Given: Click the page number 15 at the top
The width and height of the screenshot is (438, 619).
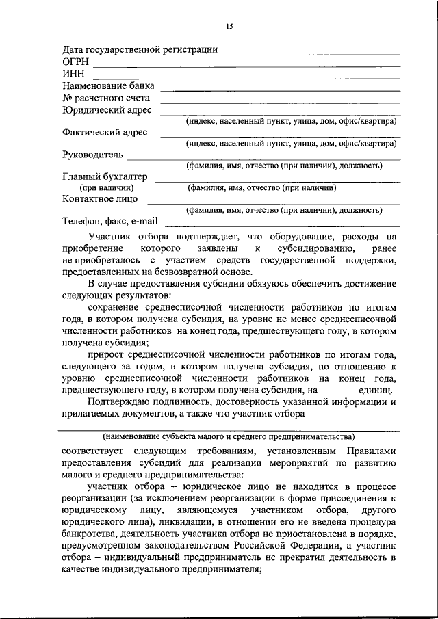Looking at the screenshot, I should click(x=229, y=26).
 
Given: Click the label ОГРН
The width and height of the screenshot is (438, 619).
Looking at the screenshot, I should click(x=76, y=62).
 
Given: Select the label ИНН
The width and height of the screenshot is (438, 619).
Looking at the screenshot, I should click(x=74, y=75).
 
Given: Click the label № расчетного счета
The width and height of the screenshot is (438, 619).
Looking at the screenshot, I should click(x=105, y=98).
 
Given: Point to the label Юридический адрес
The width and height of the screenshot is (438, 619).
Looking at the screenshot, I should click(x=107, y=110).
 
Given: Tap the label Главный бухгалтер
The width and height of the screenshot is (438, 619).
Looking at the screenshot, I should click(x=105, y=176).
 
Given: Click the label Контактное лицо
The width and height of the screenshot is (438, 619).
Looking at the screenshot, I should click(x=100, y=199).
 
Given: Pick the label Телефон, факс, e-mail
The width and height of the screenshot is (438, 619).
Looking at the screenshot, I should click(x=110, y=222).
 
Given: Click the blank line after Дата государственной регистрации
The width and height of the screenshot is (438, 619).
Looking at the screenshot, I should click(x=312, y=52).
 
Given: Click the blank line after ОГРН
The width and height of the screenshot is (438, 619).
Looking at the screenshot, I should click(x=246, y=65).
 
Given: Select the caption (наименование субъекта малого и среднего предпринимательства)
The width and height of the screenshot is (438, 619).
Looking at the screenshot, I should click(x=229, y=436).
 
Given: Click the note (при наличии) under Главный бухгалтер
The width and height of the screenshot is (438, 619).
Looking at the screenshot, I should click(x=106, y=187).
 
